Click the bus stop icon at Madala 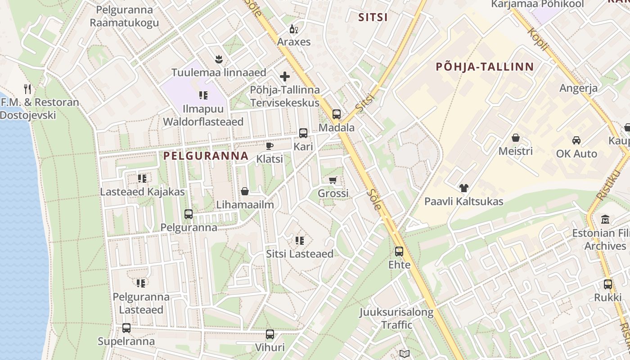pyautogui.click(x=337, y=114)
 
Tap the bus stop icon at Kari pyautogui.click(x=303, y=133)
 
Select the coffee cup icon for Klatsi pyautogui.click(x=270, y=146)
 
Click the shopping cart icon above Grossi pyautogui.click(x=333, y=180)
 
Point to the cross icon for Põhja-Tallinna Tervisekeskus pyautogui.click(x=285, y=76)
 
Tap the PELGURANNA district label pyautogui.click(x=206, y=156)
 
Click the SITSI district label pyautogui.click(x=373, y=18)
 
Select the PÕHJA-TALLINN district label pyautogui.click(x=485, y=67)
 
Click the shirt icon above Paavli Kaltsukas pyautogui.click(x=463, y=188)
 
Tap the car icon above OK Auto pyautogui.click(x=576, y=140)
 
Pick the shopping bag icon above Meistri pyautogui.click(x=516, y=138)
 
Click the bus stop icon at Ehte pyautogui.click(x=399, y=252)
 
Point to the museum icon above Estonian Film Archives pyautogui.click(x=605, y=220)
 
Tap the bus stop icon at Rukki pyautogui.click(x=608, y=284)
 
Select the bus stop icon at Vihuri pyautogui.click(x=270, y=334)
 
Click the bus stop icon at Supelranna pyautogui.click(x=126, y=328)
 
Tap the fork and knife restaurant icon pyautogui.click(x=27, y=89)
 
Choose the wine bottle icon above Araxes pyautogui.click(x=294, y=29)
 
